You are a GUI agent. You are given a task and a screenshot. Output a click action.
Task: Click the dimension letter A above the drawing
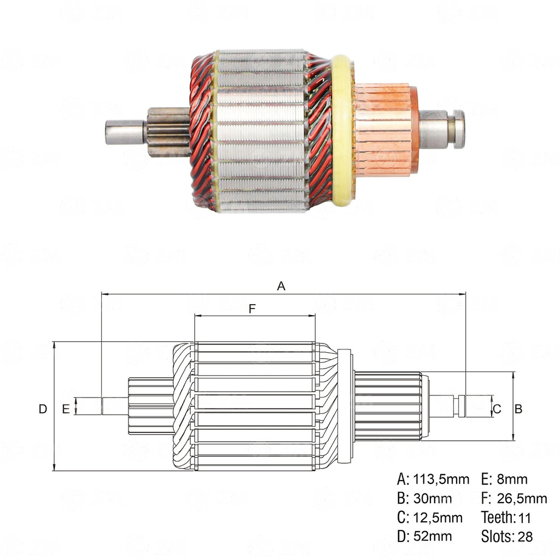pyautogui.click(x=282, y=285)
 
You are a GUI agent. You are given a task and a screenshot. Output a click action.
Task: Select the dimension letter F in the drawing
pyautogui.click(x=252, y=308)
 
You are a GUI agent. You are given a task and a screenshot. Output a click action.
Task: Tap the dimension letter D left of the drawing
pyautogui.click(x=43, y=409)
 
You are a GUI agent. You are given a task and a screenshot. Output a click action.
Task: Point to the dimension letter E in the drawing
pyautogui.click(x=66, y=409)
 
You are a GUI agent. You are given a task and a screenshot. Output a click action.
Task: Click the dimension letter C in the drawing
pyautogui.click(x=497, y=409)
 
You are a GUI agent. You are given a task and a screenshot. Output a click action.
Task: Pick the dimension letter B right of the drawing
pyautogui.click(x=519, y=409)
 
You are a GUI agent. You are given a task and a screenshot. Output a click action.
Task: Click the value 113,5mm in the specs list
pyautogui.click(x=440, y=480)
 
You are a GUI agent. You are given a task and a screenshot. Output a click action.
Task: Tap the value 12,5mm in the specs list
pyautogui.click(x=437, y=517)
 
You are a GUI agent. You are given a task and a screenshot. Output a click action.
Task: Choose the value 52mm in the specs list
pyautogui.click(x=433, y=536)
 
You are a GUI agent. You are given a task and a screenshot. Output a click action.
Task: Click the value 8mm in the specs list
pyautogui.click(x=512, y=480)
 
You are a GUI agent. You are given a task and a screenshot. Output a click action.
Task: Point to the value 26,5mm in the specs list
pyautogui.click(x=522, y=499)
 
